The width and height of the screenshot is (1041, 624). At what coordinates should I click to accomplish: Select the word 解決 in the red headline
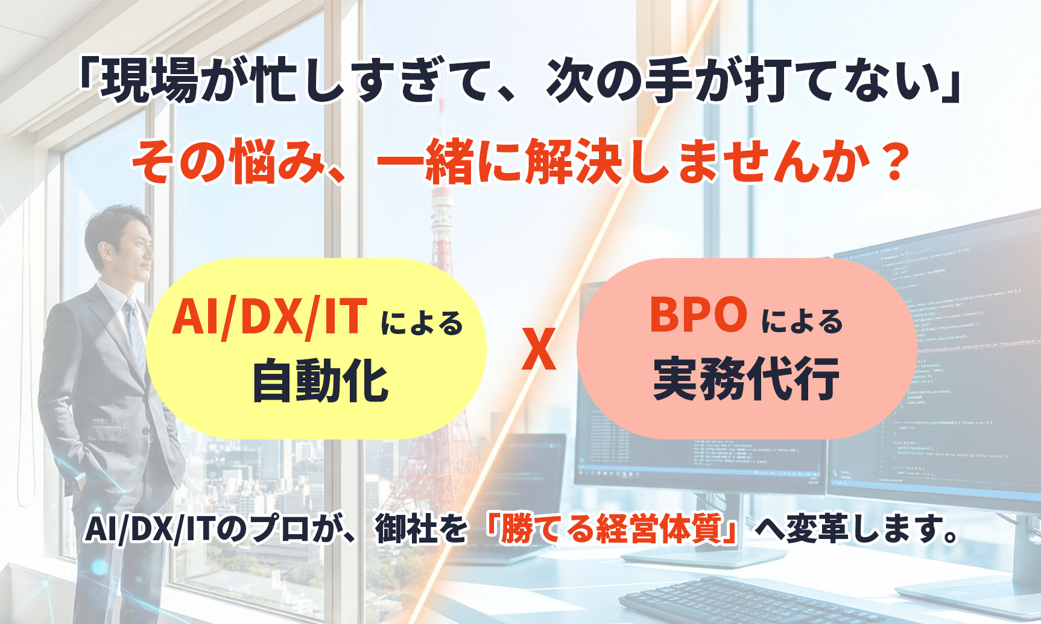[x=574, y=161]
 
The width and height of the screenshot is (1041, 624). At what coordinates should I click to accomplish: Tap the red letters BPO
[x=698, y=315]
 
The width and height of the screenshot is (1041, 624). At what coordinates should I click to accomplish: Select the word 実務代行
[x=746, y=379]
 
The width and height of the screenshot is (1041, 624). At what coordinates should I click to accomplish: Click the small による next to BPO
[x=802, y=321]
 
